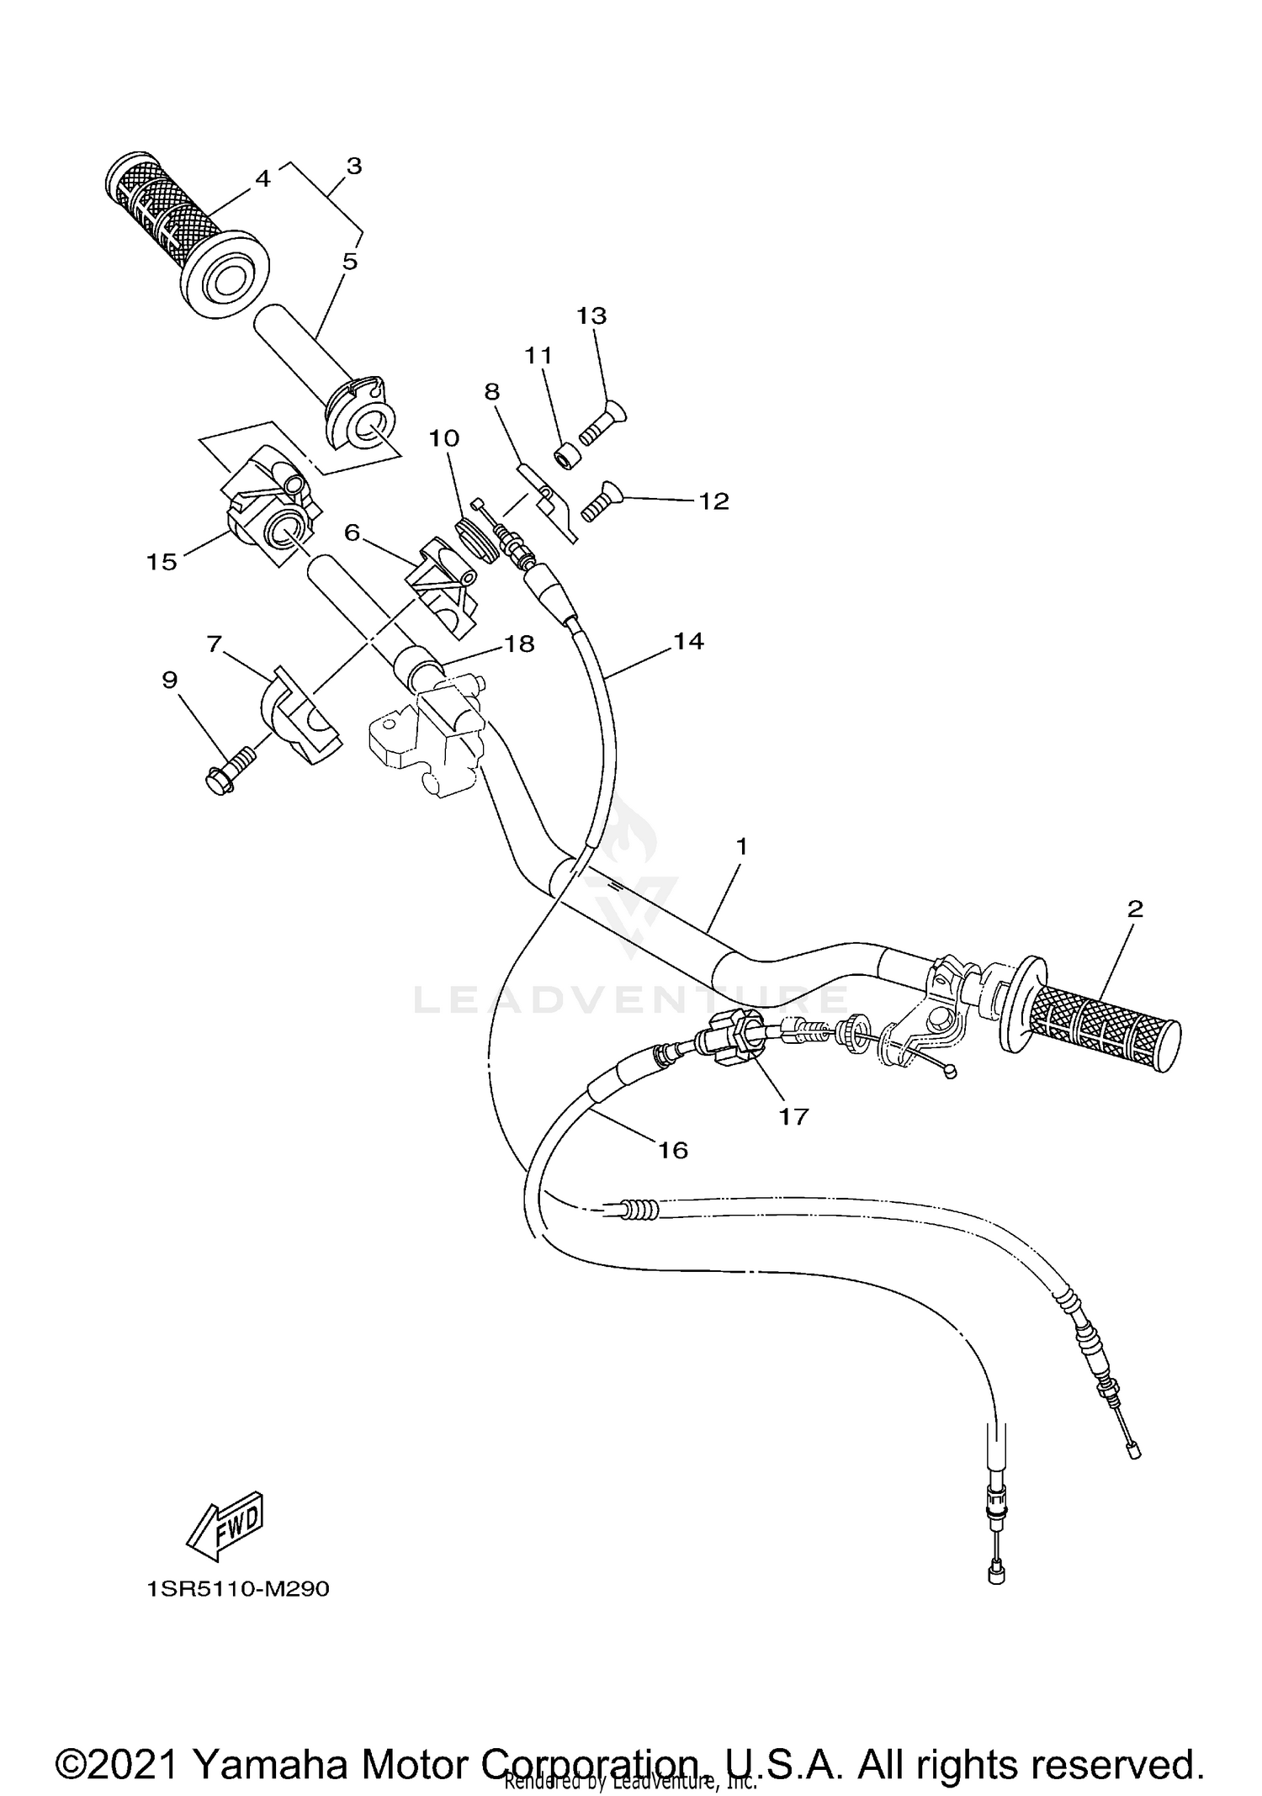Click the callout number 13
point(591,315)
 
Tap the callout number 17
point(793,1116)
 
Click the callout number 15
point(162,561)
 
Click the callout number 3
point(354,166)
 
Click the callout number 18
point(519,644)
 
